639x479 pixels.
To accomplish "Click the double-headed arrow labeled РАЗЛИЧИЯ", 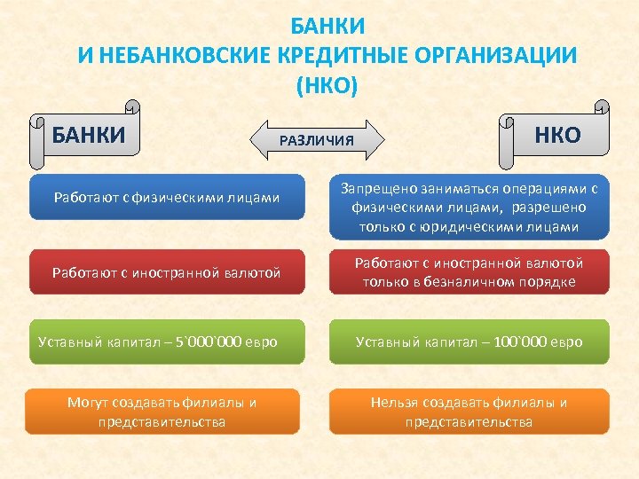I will point(317,140).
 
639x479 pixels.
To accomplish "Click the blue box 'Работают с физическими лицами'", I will point(166,197).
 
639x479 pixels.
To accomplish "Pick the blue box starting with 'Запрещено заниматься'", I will point(469,208).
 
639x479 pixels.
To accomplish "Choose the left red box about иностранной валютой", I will point(166,272).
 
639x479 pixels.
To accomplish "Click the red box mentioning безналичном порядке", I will point(469,272).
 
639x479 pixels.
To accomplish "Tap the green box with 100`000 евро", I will point(469,342).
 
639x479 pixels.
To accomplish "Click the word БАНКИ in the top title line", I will point(327,26).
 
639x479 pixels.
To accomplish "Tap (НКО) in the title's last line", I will point(327,85).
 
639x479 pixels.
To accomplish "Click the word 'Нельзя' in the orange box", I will point(394,403).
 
